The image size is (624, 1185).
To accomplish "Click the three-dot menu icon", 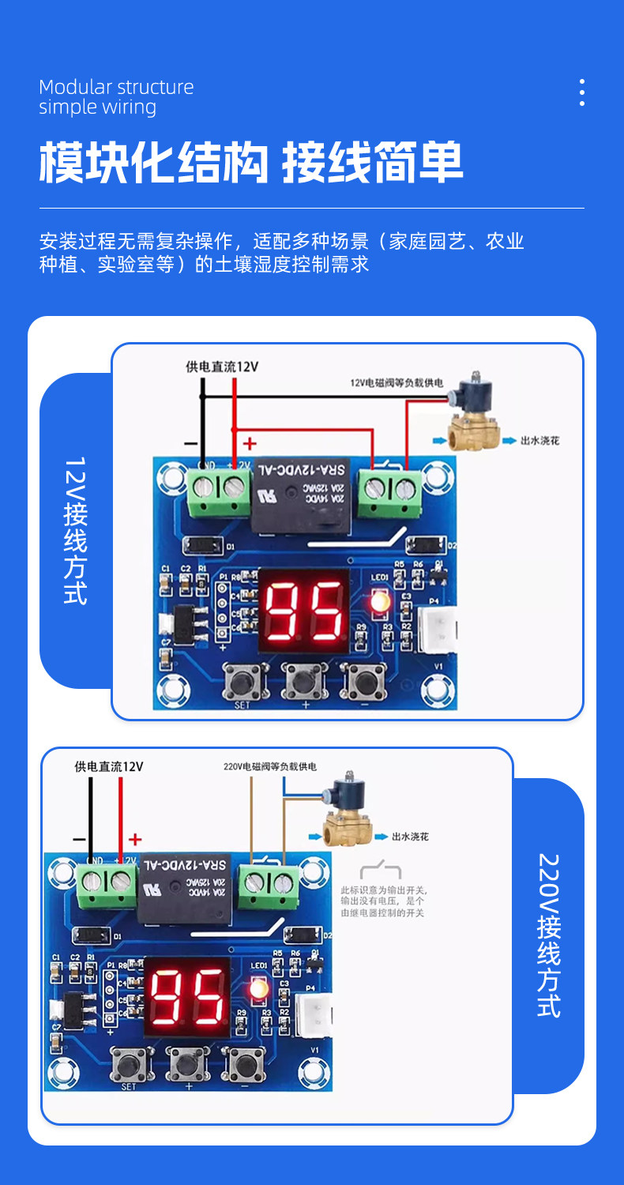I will [582, 92].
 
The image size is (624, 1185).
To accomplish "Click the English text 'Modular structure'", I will [116, 87].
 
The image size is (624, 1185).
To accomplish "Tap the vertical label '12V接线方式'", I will [75, 530].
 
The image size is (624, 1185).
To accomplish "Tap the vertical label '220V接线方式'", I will [548, 935].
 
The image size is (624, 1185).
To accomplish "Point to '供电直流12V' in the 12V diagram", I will [222, 367].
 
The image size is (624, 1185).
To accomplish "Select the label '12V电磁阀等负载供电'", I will [397, 383].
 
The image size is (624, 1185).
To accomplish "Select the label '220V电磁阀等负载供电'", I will [270, 766].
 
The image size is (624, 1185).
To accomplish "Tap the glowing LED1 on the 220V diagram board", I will [257, 988].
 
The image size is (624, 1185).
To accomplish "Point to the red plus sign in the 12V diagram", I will [250, 443].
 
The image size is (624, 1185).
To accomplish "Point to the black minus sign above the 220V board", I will [79, 839].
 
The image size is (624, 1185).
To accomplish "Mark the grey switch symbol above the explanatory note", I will [381, 871].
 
